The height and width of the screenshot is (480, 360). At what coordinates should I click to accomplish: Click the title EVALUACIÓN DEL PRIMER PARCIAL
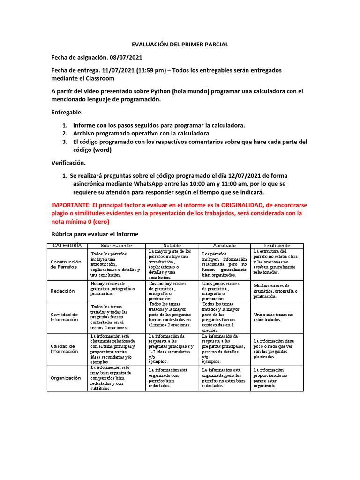click(x=180, y=45)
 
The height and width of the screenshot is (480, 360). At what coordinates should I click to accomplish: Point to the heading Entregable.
click(x=67, y=112)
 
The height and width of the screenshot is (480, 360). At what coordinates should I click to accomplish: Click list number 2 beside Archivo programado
click(x=65, y=134)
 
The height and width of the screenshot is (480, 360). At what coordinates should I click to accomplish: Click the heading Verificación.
click(x=68, y=163)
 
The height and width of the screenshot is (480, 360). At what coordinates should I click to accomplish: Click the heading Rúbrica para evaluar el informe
click(x=94, y=234)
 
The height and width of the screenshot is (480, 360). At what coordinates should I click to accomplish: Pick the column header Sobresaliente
click(x=117, y=246)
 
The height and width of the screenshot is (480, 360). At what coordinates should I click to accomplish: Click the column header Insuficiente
click(x=277, y=246)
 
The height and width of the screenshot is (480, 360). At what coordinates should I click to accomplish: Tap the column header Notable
click(x=172, y=246)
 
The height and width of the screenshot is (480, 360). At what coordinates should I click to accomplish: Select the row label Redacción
click(x=62, y=291)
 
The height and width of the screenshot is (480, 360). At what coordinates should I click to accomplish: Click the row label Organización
click(x=66, y=378)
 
